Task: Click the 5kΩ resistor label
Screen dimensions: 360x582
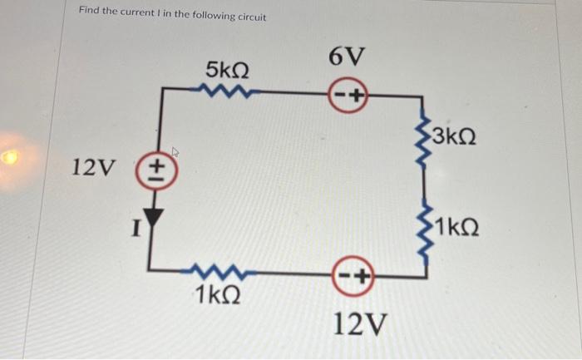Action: click(226, 70)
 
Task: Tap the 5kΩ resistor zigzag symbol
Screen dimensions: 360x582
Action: click(224, 95)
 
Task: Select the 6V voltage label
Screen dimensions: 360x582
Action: click(347, 57)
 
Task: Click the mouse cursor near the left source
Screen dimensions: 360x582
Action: click(175, 153)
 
